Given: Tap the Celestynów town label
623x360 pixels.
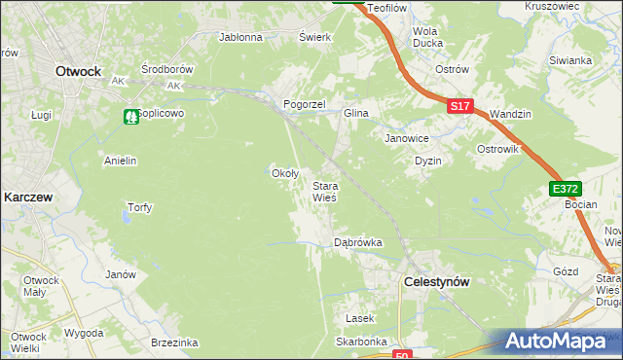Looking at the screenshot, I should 436,281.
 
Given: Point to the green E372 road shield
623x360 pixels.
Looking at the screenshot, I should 564,189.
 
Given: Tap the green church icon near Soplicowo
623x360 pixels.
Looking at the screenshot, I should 130,116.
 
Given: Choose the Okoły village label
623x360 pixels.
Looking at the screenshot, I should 283,173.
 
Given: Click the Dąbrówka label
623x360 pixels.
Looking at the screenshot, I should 357,242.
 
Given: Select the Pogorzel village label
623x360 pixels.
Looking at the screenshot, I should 303,103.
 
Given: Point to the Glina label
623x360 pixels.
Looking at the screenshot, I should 355,114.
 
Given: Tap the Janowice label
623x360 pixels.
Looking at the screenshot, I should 407,138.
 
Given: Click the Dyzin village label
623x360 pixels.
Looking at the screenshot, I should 428,161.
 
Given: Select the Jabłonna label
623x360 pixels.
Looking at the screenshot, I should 241,38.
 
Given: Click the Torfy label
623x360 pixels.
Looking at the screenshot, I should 139,207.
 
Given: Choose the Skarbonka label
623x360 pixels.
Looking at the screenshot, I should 362,342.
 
